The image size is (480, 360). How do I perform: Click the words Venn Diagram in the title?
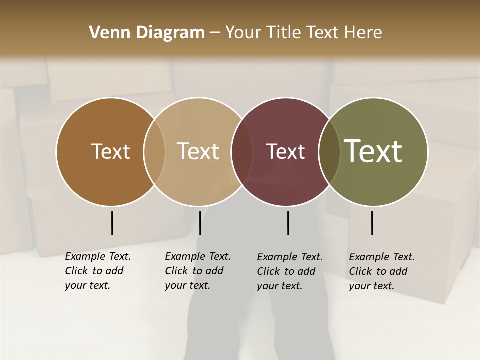point(147,33)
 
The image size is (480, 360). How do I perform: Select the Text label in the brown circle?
point(110,151)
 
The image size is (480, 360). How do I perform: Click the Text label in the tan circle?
point(198,151)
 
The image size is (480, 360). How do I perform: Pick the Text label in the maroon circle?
point(285,151)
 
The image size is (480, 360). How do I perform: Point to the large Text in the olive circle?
point(373,151)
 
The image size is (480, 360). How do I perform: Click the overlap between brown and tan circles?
point(154,151)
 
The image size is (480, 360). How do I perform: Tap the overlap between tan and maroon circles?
point(242,151)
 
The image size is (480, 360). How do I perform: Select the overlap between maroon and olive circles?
point(329,151)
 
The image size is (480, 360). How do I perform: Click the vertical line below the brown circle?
point(112,223)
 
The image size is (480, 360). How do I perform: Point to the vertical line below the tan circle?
point(200,223)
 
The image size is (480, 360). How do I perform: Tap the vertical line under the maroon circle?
point(288,223)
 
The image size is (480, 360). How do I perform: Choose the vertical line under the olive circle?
point(372,223)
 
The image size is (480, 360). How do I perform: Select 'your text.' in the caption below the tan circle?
point(187,285)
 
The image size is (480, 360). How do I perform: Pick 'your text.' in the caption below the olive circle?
point(371,286)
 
